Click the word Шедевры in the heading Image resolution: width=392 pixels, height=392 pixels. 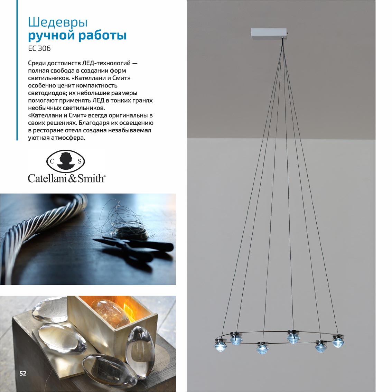coord(58,22)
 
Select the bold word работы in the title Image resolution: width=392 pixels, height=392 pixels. coord(102,35)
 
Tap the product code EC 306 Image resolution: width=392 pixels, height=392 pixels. coord(39,48)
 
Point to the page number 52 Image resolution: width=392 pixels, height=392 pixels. coord(23,373)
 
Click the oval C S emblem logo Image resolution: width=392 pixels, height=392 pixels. coord(65,161)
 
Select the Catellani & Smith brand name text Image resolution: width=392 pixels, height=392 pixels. coord(66,178)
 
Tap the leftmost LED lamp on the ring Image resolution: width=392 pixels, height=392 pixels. coord(220,344)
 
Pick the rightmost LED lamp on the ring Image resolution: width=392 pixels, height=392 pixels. coord(338,341)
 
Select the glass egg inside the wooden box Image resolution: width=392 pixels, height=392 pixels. coord(110,312)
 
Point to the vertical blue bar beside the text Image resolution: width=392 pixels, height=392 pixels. coord(17,70)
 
